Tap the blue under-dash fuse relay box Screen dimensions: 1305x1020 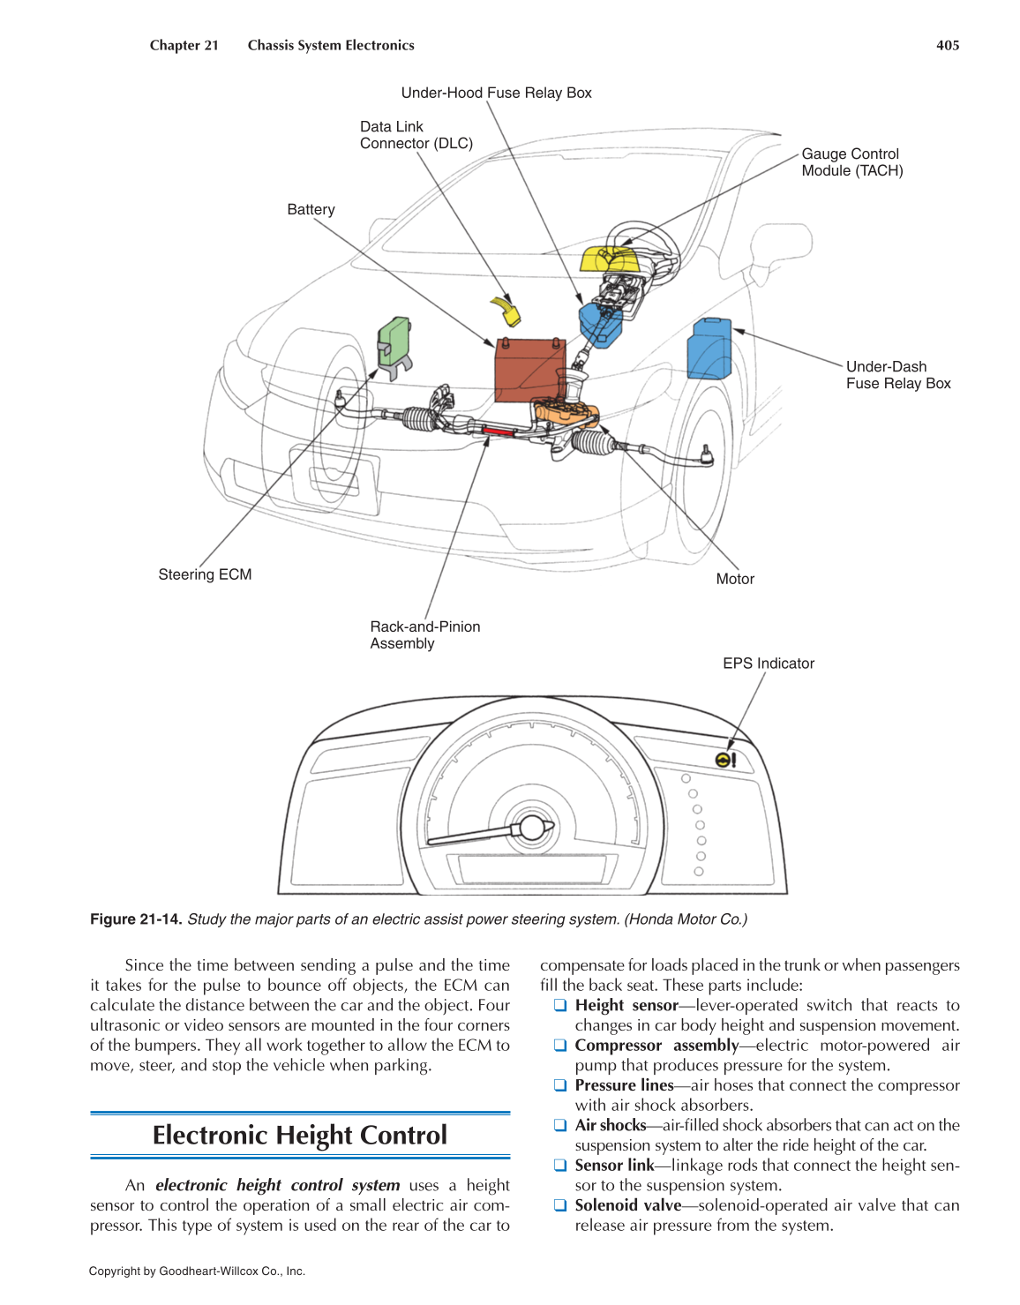click(x=709, y=349)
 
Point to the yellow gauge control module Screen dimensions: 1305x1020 click(x=608, y=259)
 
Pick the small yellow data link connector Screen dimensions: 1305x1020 click(x=506, y=310)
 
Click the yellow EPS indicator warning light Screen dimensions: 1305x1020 click(x=724, y=760)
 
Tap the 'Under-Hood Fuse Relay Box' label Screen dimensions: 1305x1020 click(x=496, y=93)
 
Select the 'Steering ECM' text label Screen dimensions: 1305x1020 click(x=205, y=574)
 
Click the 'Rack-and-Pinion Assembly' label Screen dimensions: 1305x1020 click(x=424, y=634)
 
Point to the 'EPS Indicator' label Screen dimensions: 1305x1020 click(x=768, y=664)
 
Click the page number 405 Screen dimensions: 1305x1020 click(x=948, y=45)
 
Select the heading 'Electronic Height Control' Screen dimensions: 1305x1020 click(x=300, y=1135)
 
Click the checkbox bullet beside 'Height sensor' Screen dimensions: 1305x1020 click(x=559, y=1005)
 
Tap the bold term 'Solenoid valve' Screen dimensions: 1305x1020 click(x=627, y=1205)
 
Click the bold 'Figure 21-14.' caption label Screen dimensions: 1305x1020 click(x=136, y=919)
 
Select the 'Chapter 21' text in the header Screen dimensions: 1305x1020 click(x=184, y=45)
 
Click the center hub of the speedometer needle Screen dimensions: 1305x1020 click(x=532, y=828)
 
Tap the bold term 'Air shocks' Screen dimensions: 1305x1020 click(x=610, y=1125)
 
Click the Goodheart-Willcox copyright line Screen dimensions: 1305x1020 click(x=197, y=1271)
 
